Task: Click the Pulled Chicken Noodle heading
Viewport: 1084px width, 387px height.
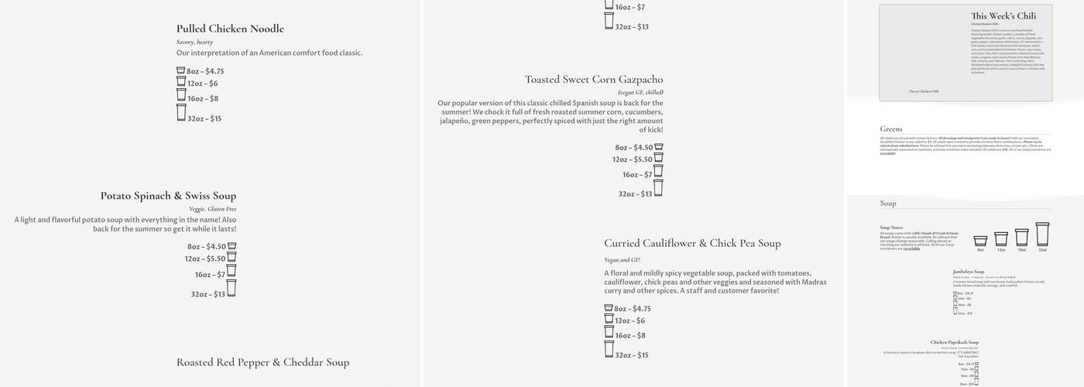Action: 230,29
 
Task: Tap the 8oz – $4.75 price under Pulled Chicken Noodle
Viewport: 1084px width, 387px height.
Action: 205,71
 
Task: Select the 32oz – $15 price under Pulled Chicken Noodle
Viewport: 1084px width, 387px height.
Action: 204,118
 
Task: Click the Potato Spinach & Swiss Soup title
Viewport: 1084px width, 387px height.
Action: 168,196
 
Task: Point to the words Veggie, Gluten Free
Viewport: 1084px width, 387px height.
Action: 213,209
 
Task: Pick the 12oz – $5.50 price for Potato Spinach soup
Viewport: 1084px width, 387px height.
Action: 205,259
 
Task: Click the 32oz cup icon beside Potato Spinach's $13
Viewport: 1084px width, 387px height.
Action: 231,289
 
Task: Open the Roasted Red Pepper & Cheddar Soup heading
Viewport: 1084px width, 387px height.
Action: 262,362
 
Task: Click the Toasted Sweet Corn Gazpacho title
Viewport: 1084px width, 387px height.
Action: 594,80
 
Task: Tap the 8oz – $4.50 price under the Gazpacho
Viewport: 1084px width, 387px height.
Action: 634,148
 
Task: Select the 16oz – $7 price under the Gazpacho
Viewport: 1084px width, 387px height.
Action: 637,175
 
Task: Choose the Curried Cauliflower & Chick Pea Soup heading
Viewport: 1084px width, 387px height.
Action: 692,243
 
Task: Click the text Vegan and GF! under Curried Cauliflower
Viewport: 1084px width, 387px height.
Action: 622,260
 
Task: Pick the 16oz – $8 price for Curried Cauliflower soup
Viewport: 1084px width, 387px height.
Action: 630,336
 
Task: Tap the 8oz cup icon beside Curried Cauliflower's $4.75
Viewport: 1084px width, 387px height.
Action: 609,308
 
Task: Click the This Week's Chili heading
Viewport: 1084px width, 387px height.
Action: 1003,15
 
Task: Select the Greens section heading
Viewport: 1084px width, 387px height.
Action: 891,129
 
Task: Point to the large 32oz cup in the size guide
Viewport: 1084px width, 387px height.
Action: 1042,235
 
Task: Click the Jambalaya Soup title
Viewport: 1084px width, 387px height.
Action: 968,272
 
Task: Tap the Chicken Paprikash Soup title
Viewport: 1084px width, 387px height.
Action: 954,342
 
